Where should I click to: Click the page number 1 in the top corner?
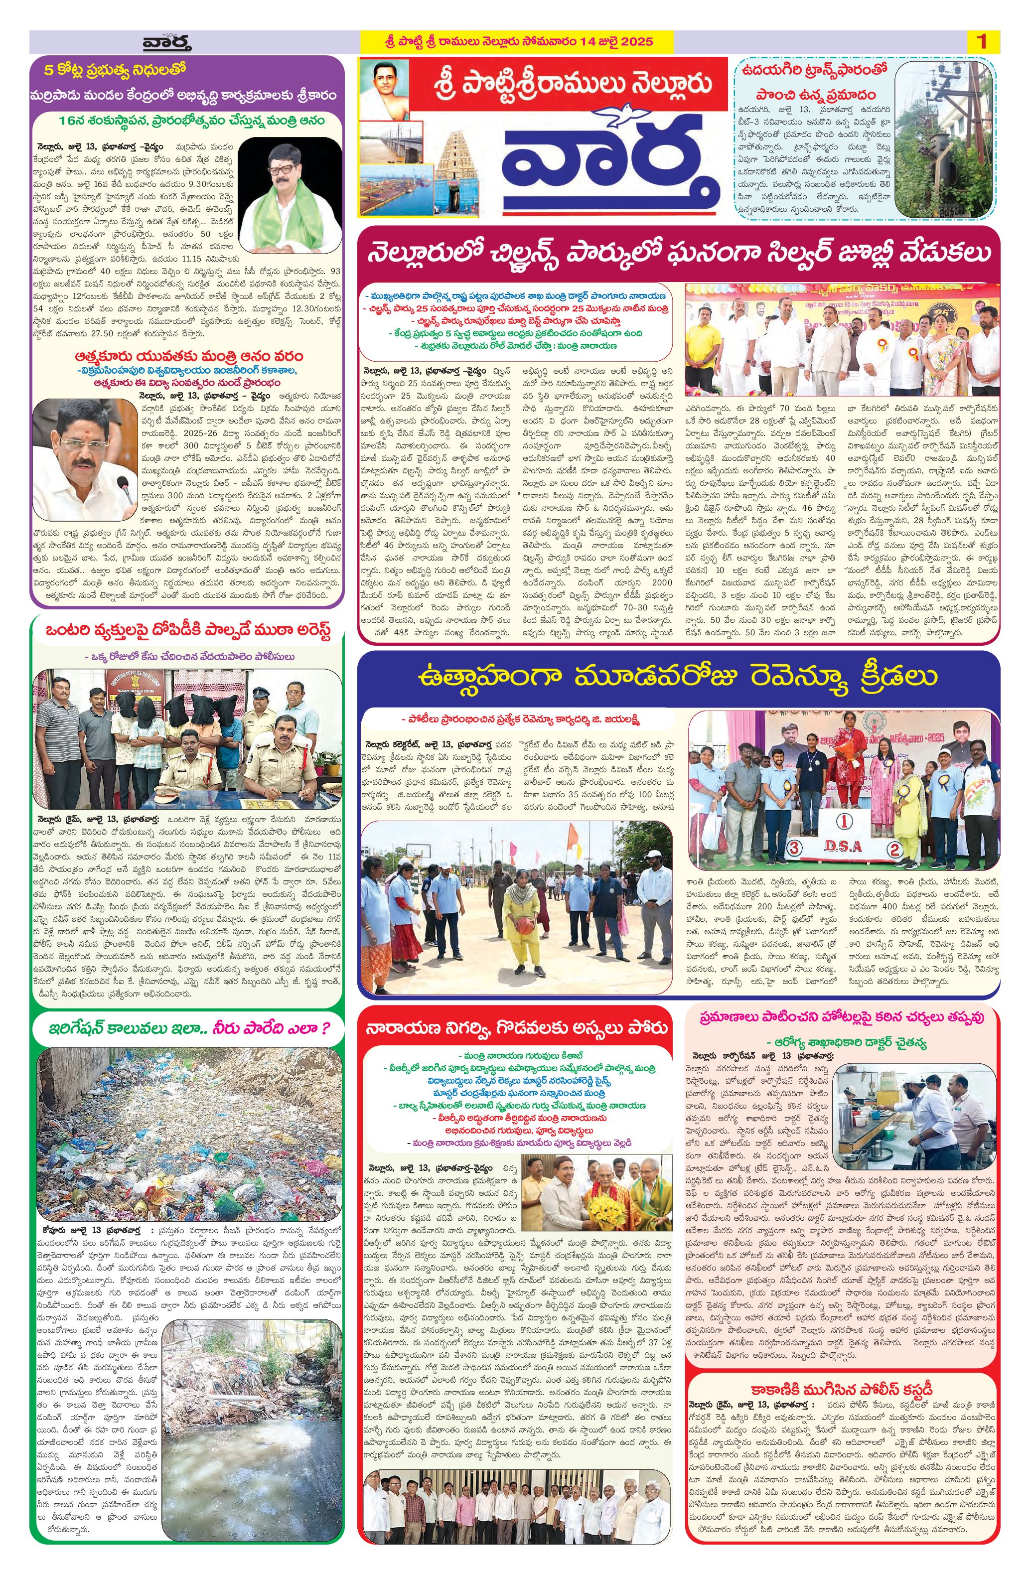coord(982,42)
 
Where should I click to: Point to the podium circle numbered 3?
coord(794,847)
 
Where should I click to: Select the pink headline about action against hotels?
coord(842,1016)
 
